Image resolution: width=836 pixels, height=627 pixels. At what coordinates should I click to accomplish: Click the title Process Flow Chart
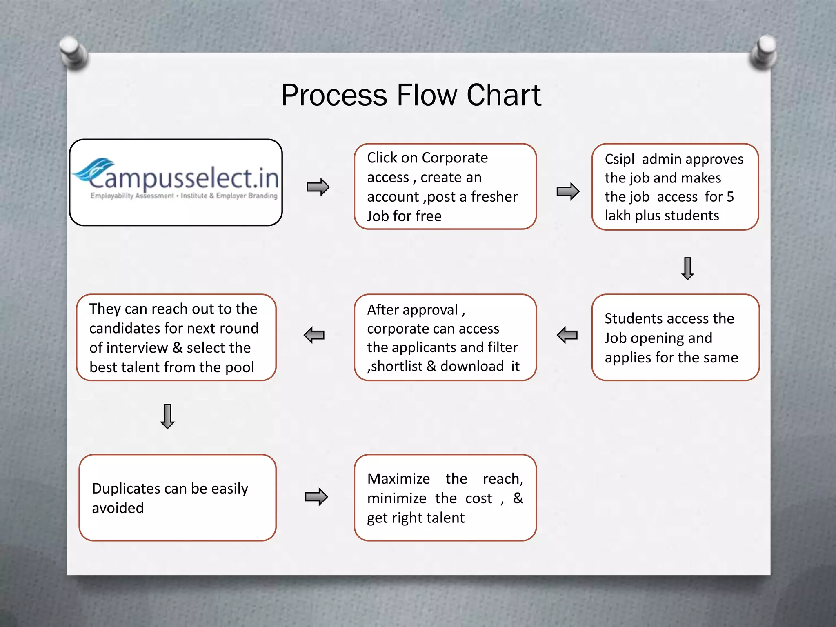411,95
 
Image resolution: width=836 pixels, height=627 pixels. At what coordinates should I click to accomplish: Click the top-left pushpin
73,52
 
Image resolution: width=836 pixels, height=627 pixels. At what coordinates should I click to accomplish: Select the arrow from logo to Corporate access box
318,187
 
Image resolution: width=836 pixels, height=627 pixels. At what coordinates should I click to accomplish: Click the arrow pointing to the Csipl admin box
568,191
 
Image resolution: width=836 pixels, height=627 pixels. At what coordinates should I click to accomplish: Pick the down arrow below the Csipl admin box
687,269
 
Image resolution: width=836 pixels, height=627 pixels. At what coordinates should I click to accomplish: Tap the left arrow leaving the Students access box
567,335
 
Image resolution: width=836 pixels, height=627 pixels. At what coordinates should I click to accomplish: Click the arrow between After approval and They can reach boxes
314,335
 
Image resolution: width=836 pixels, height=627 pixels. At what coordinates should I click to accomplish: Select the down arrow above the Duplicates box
167,416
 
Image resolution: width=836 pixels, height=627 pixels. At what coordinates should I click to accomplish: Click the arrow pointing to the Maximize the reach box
316,497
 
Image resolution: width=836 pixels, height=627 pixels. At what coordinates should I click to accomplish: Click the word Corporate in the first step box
455,158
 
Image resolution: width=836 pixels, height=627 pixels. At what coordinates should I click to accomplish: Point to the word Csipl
619,159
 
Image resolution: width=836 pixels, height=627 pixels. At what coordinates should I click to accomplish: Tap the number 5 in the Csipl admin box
730,197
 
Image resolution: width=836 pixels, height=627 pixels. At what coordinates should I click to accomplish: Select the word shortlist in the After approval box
397,366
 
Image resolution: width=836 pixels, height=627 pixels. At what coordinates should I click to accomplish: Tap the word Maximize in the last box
398,479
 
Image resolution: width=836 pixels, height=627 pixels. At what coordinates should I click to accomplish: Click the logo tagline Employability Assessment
132,196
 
